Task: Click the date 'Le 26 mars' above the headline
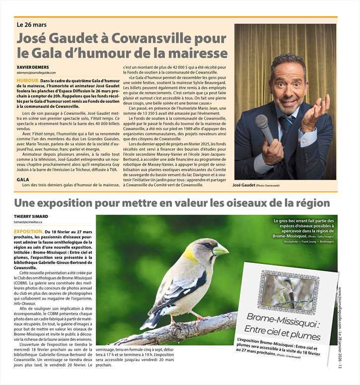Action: [31, 24]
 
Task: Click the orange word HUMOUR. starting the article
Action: [28, 80]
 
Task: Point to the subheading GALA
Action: [22, 179]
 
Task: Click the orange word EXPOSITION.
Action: [28, 232]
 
